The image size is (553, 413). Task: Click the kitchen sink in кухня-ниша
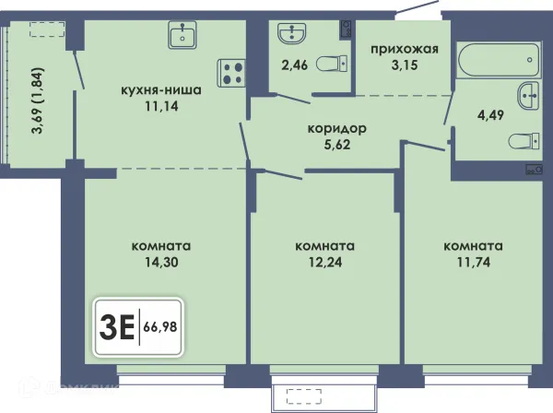(x=182, y=34)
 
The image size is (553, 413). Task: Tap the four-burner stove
(x=231, y=73)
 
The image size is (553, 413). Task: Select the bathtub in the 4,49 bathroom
(x=499, y=60)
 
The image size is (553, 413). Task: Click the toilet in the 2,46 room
(x=332, y=64)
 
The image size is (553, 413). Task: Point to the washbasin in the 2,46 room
(x=291, y=33)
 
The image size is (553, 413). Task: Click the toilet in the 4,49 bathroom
(x=524, y=141)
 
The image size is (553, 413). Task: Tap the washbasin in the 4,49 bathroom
(x=528, y=96)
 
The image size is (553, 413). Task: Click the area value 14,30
(x=161, y=262)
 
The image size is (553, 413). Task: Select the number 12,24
(x=325, y=262)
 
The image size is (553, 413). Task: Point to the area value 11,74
(x=474, y=262)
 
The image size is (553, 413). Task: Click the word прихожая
(x=405, y=50)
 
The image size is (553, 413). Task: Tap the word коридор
(x=337, y=129)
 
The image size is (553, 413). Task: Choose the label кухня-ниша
(x=161, y=90)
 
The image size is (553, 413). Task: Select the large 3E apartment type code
(x=117, y=327)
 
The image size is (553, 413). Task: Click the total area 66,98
(x=160, y=327)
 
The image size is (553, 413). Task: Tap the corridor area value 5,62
(x=337, y=145)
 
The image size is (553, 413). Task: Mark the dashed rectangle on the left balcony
(x=47, y=29)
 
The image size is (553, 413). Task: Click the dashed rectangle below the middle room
(x=304, y=396)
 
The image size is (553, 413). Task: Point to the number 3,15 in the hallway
(x=405, y=65)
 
